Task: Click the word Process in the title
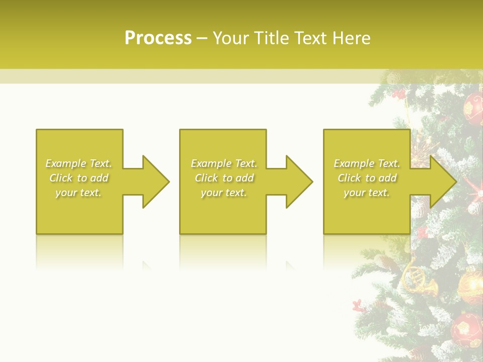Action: [x=158, y=38]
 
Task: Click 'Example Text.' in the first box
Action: [x=78, y=163]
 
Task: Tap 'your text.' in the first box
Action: [x=78, y=193]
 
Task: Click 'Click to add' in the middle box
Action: [x=224, y=178]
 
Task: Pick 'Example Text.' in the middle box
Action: [x=224, y=163]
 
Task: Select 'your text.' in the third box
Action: [x=367, y=193]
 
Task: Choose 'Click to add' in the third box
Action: [x=367, y=178]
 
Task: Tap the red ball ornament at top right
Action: [x=473, y=108]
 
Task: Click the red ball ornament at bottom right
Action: [x=466, y=327]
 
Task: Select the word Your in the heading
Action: [x=231, y=38]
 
